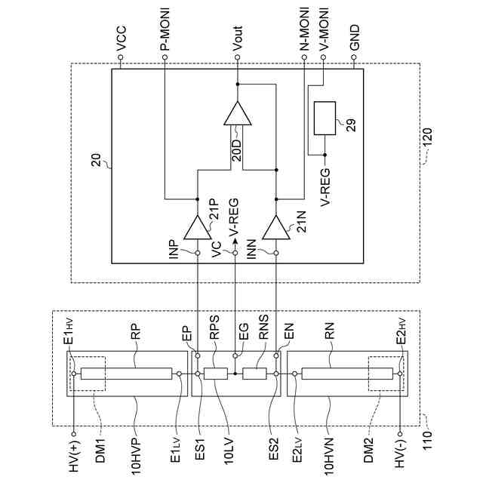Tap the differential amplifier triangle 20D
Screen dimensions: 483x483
click(x=237, y=115)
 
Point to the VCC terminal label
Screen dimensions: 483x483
click(x=122, y=42)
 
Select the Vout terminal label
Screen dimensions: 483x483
click(x=237, y=38)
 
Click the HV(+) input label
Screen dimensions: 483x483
click(x=73, y=453)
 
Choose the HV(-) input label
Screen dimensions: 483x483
click(x=402, y=453)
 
